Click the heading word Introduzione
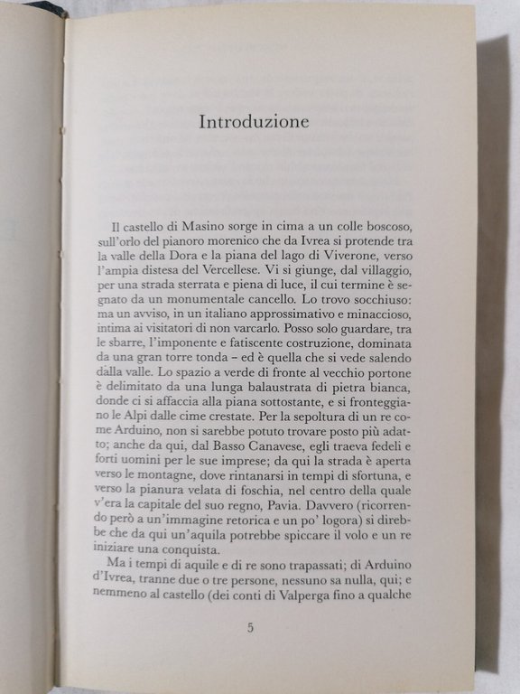click(x=254, y=122)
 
